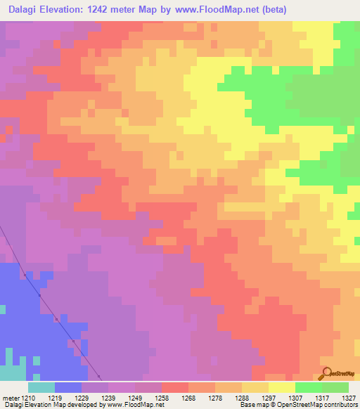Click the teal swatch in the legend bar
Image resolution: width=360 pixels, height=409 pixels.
click(41, 387)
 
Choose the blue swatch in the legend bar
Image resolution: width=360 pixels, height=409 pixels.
click(68, 387)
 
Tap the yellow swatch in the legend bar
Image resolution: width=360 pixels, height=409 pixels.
click(281, 387)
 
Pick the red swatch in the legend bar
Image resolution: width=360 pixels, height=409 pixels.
click(174, 387)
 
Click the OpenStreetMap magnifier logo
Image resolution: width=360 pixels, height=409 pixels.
click(325, 373)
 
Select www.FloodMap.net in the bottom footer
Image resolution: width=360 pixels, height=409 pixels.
click(131, 405)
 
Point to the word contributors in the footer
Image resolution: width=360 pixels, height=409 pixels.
click(340, 405)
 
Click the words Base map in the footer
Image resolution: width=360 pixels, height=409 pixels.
click(250, 405)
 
